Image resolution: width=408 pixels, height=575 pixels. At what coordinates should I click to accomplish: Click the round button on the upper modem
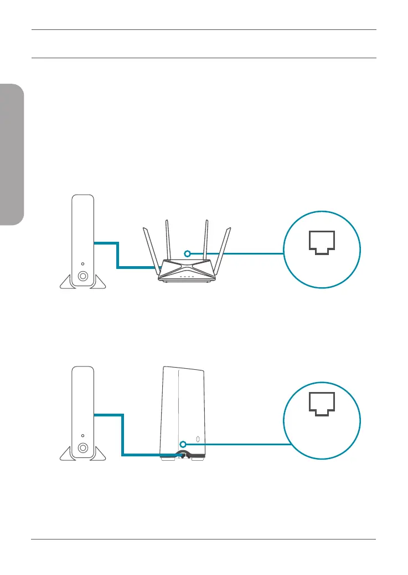[82, 276]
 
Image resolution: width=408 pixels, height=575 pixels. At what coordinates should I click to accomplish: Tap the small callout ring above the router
[188, 253]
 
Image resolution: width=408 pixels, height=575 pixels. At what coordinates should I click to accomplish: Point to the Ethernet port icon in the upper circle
[322, 242]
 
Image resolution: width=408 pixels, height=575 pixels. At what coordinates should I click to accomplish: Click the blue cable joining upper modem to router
[118, 255]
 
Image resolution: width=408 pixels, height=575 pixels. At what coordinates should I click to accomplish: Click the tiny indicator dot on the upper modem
[82, 263]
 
